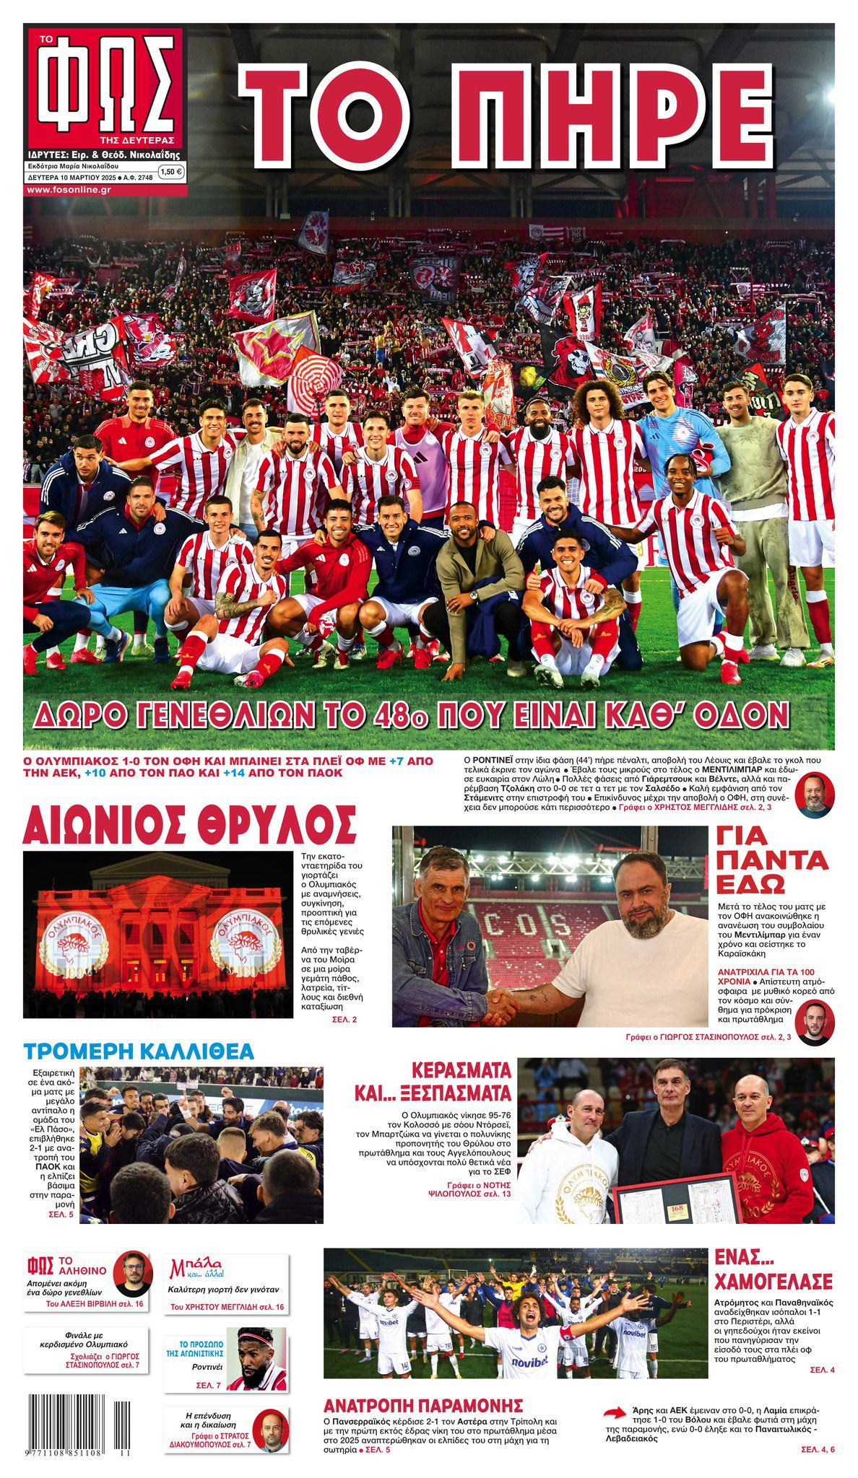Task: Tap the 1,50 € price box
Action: tap(170, 172)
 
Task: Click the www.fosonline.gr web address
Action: tap(69, 189)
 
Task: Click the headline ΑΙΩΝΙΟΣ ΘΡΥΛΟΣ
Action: tap(189, 824)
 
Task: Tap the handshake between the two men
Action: tap(500, 1005)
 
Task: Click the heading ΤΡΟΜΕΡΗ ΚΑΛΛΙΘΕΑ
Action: tap(139, 1051)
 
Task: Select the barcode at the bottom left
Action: tap(81, 1423)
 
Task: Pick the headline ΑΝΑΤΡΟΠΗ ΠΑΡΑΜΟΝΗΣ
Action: tap(423, 1405)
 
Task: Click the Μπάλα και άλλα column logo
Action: tap(196, 1269)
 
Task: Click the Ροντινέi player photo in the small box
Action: tap(257, 1357)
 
